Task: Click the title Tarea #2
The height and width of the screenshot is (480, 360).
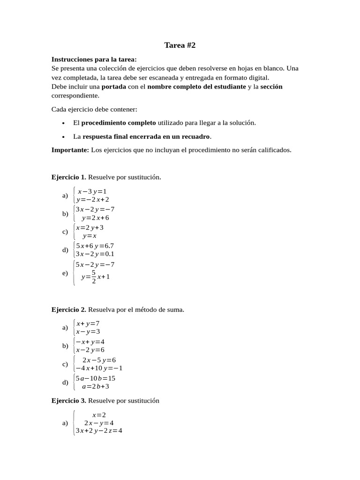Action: pos(180,45)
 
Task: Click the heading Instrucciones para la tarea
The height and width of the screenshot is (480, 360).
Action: pos(94,60)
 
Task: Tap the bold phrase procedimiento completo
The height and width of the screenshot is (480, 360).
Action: pos(119,123)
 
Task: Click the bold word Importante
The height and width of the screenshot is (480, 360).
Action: pos(70,150)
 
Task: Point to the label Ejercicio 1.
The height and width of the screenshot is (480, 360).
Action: pos(68,177)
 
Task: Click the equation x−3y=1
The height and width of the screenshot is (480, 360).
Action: pos(92,191)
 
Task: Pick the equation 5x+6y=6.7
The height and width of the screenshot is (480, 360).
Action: pos(95,245)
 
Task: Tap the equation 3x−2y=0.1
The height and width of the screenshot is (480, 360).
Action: pos(95,254)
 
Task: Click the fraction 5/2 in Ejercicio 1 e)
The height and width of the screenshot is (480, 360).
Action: pos(94,277)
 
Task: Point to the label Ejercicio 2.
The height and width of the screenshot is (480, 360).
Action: pos(68,310)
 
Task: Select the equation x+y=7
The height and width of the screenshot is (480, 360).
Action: pos(88,323)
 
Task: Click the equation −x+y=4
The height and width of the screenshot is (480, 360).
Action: pos(90,341)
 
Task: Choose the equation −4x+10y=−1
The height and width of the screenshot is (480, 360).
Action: pos(99,368)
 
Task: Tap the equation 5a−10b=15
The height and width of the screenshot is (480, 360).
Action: pos(95,378)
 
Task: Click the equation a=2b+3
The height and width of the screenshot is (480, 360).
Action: pos(95,387)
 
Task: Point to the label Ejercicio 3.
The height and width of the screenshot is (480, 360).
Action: pos(68,401)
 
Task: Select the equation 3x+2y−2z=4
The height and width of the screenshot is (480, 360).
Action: pos(99,431)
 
